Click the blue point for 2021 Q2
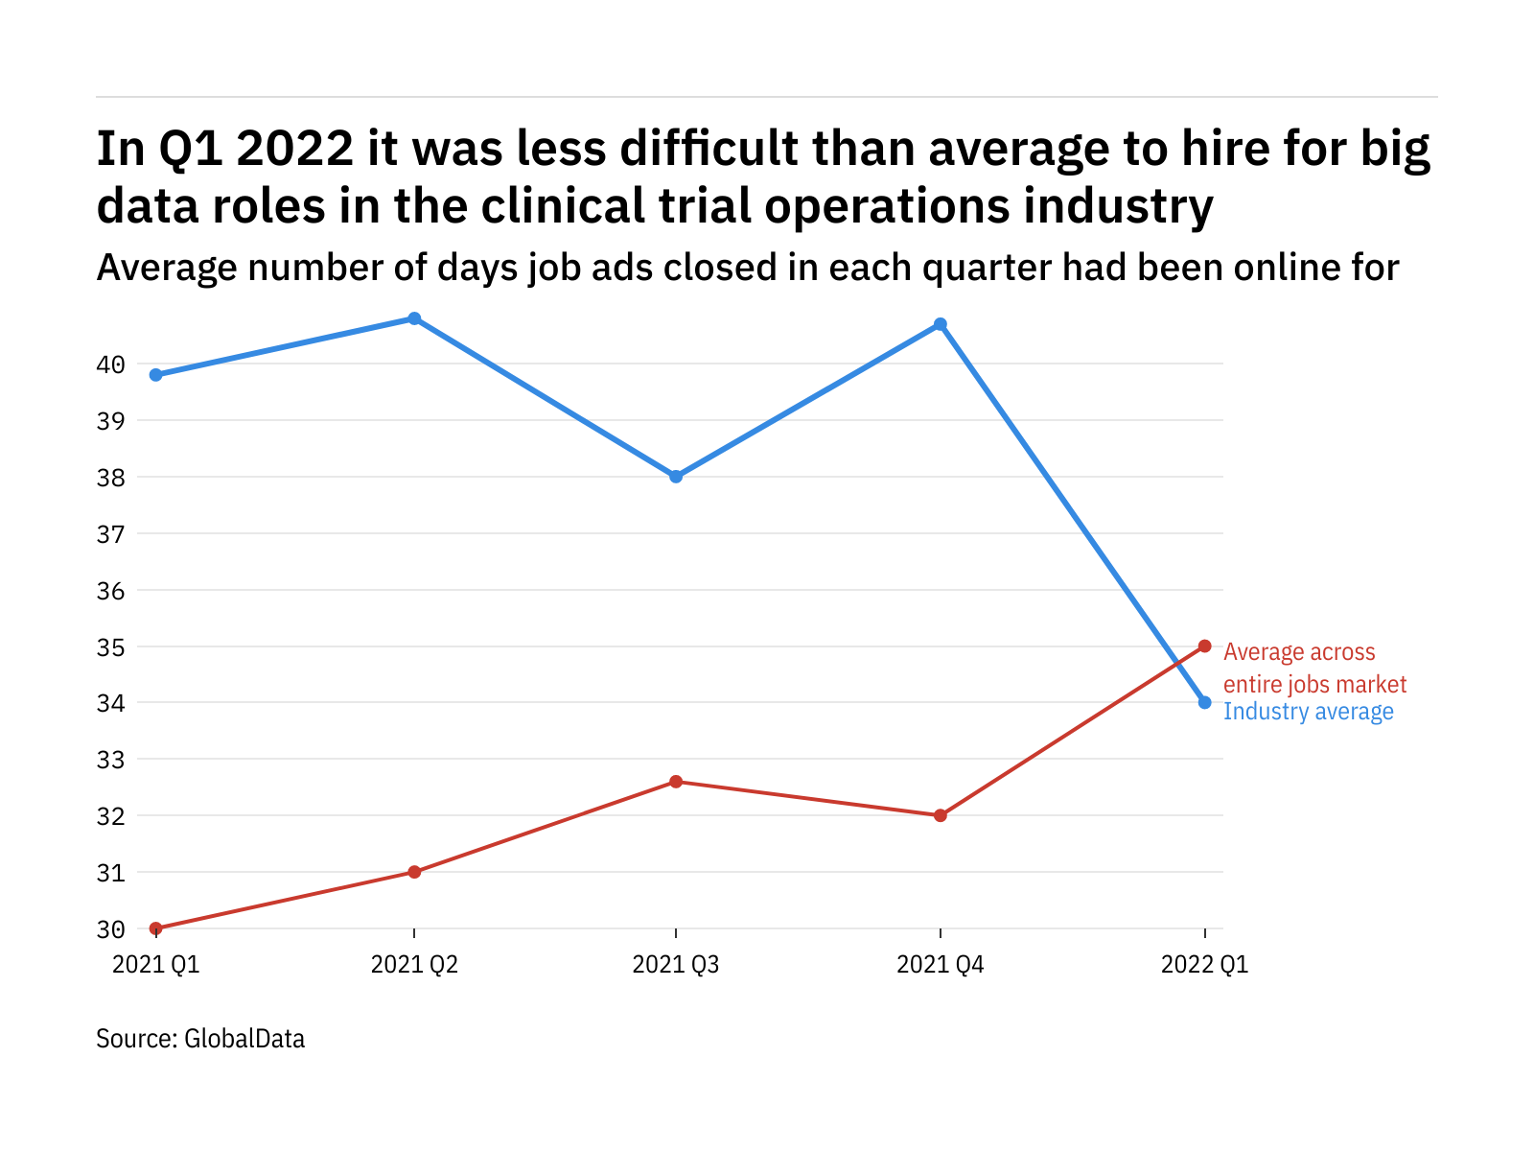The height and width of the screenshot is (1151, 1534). point(414,318)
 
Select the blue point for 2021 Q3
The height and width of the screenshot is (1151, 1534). point(676,477)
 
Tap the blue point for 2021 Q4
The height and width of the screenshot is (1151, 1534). point(941,324)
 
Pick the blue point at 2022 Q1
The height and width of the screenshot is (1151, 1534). point(1205,702)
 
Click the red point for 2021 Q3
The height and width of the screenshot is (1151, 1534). point(676,782)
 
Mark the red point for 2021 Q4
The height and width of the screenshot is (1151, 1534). point(941,815)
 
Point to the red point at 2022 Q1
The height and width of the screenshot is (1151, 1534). point(1205,646)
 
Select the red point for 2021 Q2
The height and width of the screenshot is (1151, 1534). point(414,872)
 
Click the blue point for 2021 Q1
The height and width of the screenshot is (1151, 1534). point(155,375)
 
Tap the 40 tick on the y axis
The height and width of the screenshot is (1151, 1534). point(110,364)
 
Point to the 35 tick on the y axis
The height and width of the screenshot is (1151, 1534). point(110,647)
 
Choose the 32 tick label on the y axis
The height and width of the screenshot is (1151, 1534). point(110,816)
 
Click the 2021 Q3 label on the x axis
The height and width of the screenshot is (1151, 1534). point(676,965)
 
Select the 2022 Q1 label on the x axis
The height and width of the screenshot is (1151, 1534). point(1205,965)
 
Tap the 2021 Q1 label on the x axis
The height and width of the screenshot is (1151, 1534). point(156,965)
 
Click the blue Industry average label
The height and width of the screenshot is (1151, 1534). point(1309,712)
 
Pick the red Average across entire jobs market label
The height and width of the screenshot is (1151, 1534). point(1314,669)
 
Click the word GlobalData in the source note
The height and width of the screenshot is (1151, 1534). point(244,1039)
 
